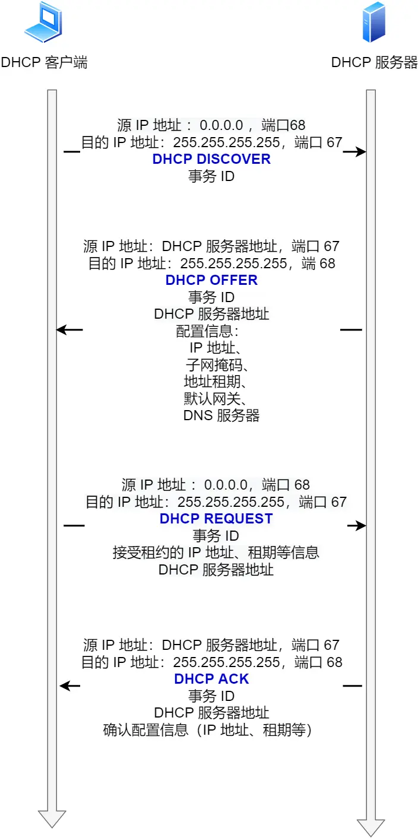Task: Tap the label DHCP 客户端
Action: click(x=44, y=62)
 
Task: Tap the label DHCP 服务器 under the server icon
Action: click(x=374, y=62)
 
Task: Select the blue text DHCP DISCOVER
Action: click(x=211, y=159)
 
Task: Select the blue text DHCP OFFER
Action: click(x=211, y=280)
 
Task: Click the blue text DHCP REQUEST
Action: click(x=216, y=519)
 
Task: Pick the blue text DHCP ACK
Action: click(x=211, y=679)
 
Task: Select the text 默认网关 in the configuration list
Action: click(x=211, y=398)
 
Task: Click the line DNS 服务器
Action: click(x=221, y=415)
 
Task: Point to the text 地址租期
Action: click(x=211, y=381)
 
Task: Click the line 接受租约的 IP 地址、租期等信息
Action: click(x=216, y=553)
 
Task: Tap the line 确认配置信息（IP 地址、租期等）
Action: click(x=207, y=730)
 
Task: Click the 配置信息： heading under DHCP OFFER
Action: click(x=207, y=331)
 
